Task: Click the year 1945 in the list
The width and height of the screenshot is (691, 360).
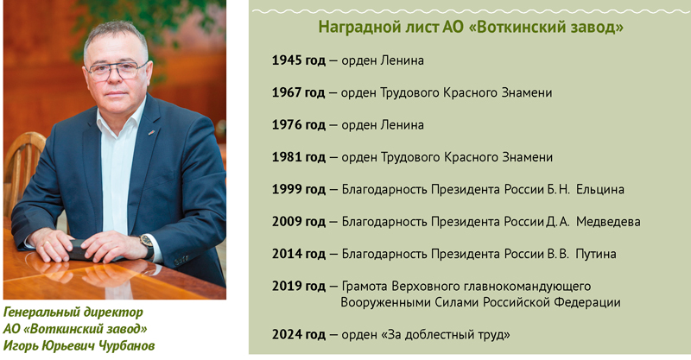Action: pyautogui.click(x=286, y=60)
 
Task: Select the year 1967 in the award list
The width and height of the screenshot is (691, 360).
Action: pyautogui.click(x=286, y=92)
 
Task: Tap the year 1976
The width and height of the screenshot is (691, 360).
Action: pyautogui.click(x=286, y=124)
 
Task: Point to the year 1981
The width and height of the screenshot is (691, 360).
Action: pyautogui.click(x=286, y=157)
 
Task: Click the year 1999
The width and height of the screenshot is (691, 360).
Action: pyautogui.click(x=286, y=189)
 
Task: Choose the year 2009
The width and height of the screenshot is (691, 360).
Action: pyautogui.click(x=286, y=222)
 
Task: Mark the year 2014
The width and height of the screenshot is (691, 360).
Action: pyautogui.click(x=286, y=254)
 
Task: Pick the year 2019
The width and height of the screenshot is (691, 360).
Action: pyautogui.click(x=286, y=286)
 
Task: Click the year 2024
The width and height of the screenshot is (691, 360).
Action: pyautogui.click(x=286, y=334)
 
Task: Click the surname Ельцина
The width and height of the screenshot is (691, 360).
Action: pyautogui.click(x=600, y=190)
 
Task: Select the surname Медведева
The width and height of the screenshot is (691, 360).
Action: pyautogui.click(x=608, y=222)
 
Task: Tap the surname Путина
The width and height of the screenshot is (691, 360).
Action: pyautogui.click(x=596, y=255)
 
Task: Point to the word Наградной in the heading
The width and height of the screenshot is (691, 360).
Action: pyautogui.click(x=355, y=28)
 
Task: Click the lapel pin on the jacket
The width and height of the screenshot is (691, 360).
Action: pyautogui.click(x=151, y=131)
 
